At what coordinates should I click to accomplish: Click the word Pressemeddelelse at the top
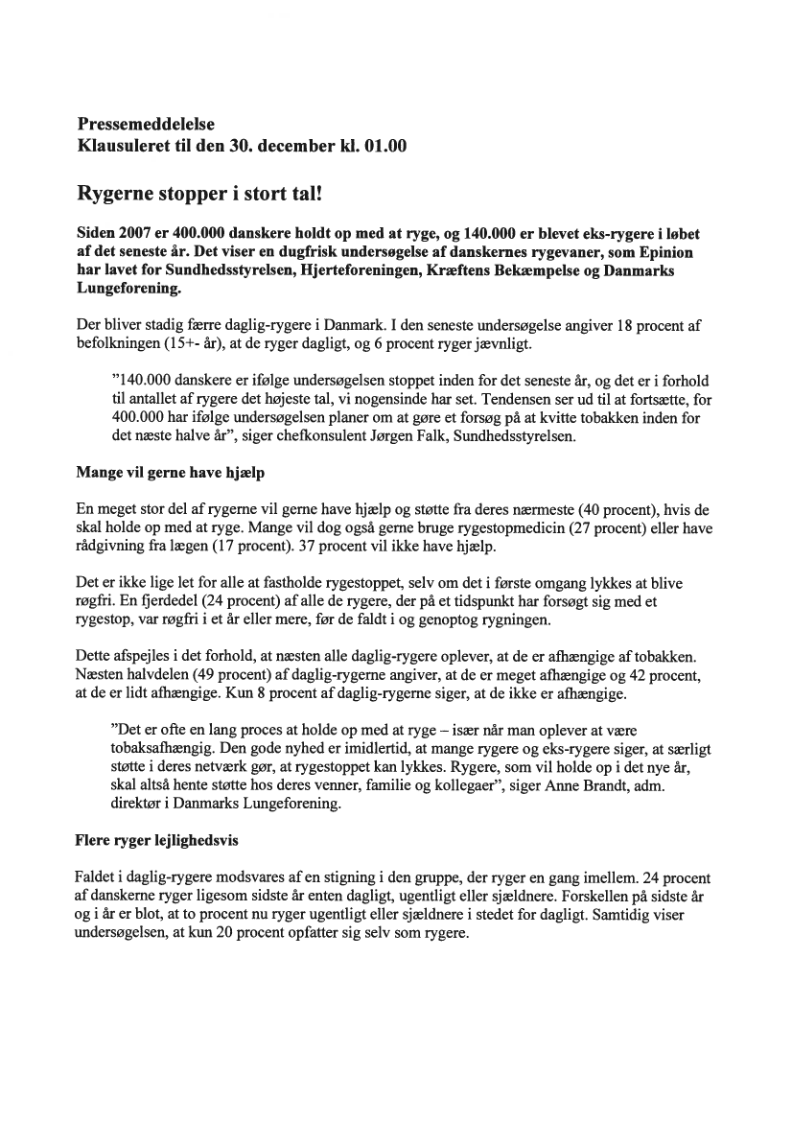(146, 125)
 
